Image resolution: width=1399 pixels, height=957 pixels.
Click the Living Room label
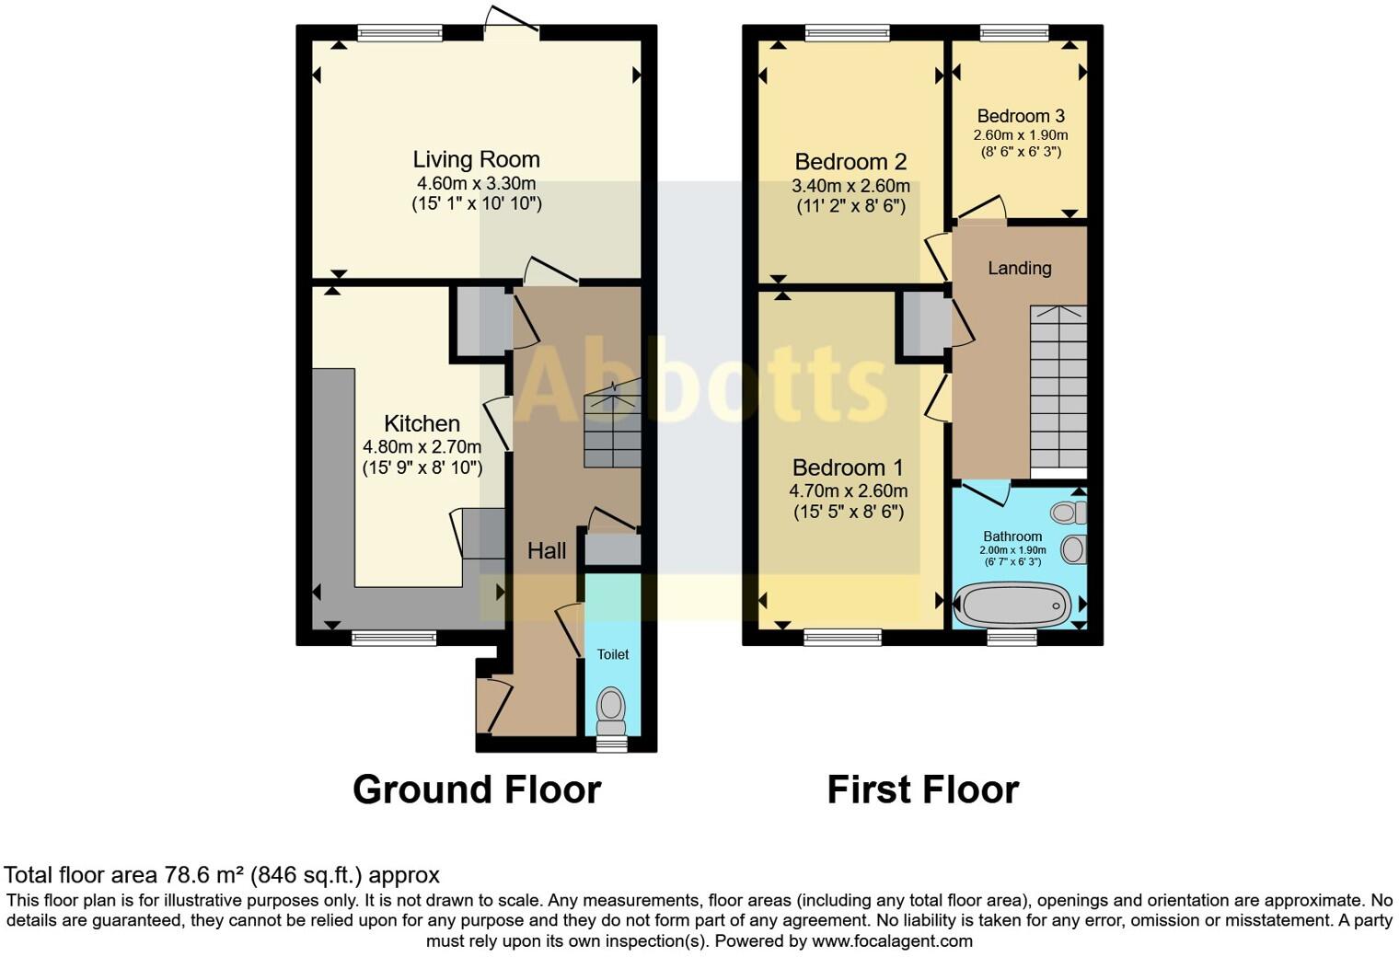tap(476, 159)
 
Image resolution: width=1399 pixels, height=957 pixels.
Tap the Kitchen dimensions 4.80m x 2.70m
tap(422, 447)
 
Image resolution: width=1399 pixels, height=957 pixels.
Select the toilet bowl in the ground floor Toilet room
tap(611, 707)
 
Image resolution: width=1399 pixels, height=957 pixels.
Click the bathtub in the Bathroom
tap(1013, 605)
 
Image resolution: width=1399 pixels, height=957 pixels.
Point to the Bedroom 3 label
tap(1021, 116)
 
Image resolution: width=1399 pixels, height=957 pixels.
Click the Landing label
tap(1019, 268)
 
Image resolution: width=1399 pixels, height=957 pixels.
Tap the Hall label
tap(546, 550)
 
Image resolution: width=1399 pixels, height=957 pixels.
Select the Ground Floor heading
tap(477, 790)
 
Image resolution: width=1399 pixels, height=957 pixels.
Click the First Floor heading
tap(922, 790)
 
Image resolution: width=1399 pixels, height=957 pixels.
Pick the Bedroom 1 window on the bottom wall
tap(843, 636)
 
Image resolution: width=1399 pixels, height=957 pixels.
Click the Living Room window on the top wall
tap(399, 33)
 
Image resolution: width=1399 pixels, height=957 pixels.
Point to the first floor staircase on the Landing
tap(1058, 386)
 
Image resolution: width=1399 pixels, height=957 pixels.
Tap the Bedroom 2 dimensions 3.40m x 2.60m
tap(850, 186)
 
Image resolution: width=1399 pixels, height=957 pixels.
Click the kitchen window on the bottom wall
tap(394, 637)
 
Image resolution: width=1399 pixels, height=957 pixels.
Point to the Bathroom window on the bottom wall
tap(1012, 637)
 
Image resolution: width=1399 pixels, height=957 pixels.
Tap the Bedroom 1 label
tap(848, 467)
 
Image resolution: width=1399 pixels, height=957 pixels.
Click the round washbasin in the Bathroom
tap(1071, 550)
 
